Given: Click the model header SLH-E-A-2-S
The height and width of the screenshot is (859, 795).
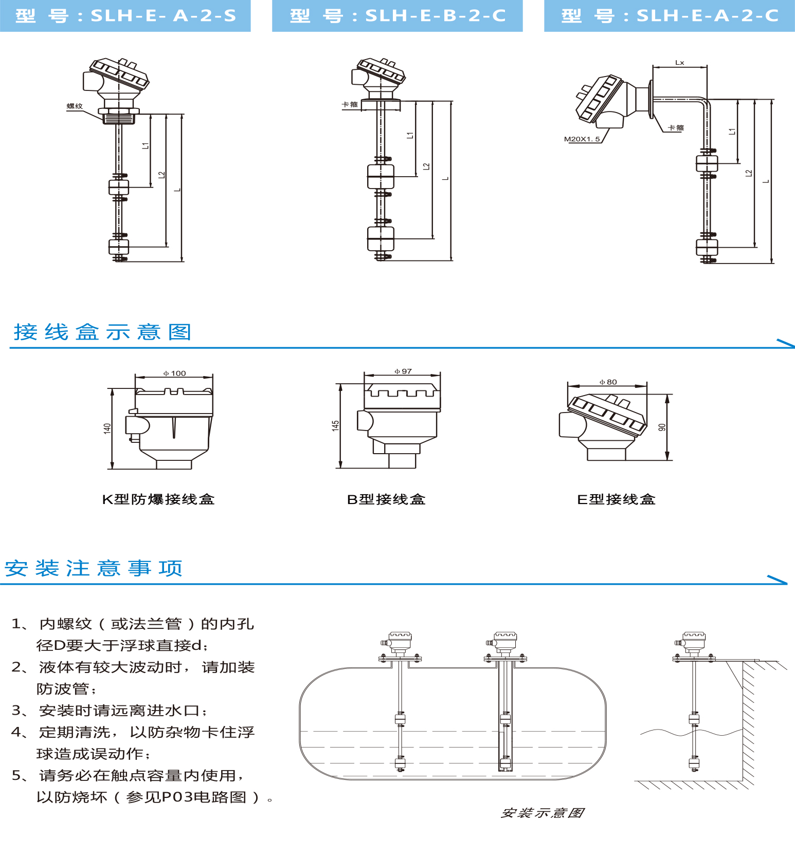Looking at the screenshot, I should tap(125, 15).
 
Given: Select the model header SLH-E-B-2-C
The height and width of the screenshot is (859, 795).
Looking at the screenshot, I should tap(397, 15).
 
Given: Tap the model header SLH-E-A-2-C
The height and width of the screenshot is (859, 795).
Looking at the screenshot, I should tap(669, 15).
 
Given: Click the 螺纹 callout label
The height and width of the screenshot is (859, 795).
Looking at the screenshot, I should tap(75, 106).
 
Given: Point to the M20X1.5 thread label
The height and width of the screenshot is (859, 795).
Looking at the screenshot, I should tap(582, 139).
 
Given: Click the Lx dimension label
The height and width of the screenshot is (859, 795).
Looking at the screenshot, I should tap(679, 63).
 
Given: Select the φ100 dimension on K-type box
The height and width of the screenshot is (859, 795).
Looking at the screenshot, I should tap(175, 374).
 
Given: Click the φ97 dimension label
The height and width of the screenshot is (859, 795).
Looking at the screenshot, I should tap(403, 371).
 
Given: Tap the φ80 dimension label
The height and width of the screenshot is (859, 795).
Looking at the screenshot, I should tap(608, 382).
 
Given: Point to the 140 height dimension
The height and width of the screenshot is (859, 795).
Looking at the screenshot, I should tap(107, 428).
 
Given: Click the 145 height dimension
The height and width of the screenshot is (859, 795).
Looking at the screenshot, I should tap(335, 426).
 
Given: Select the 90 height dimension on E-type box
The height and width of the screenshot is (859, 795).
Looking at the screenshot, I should tap(662, 427).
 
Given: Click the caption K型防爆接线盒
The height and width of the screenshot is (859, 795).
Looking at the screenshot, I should tap(158, 499).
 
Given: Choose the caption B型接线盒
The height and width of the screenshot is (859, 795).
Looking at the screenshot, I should tap(386, 499).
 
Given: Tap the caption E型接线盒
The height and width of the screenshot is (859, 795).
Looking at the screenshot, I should tap(616, 499).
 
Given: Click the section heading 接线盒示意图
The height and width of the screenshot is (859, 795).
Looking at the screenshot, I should tap(103, 332).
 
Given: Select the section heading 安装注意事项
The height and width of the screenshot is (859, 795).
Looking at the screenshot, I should tap(94, 569).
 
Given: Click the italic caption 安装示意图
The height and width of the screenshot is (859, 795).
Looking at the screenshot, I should tap(542, 813).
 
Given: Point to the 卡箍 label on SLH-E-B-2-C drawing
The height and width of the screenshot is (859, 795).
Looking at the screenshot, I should tap(350, 105).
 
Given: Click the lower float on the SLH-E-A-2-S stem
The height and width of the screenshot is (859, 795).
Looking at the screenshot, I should tap(119, 247).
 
